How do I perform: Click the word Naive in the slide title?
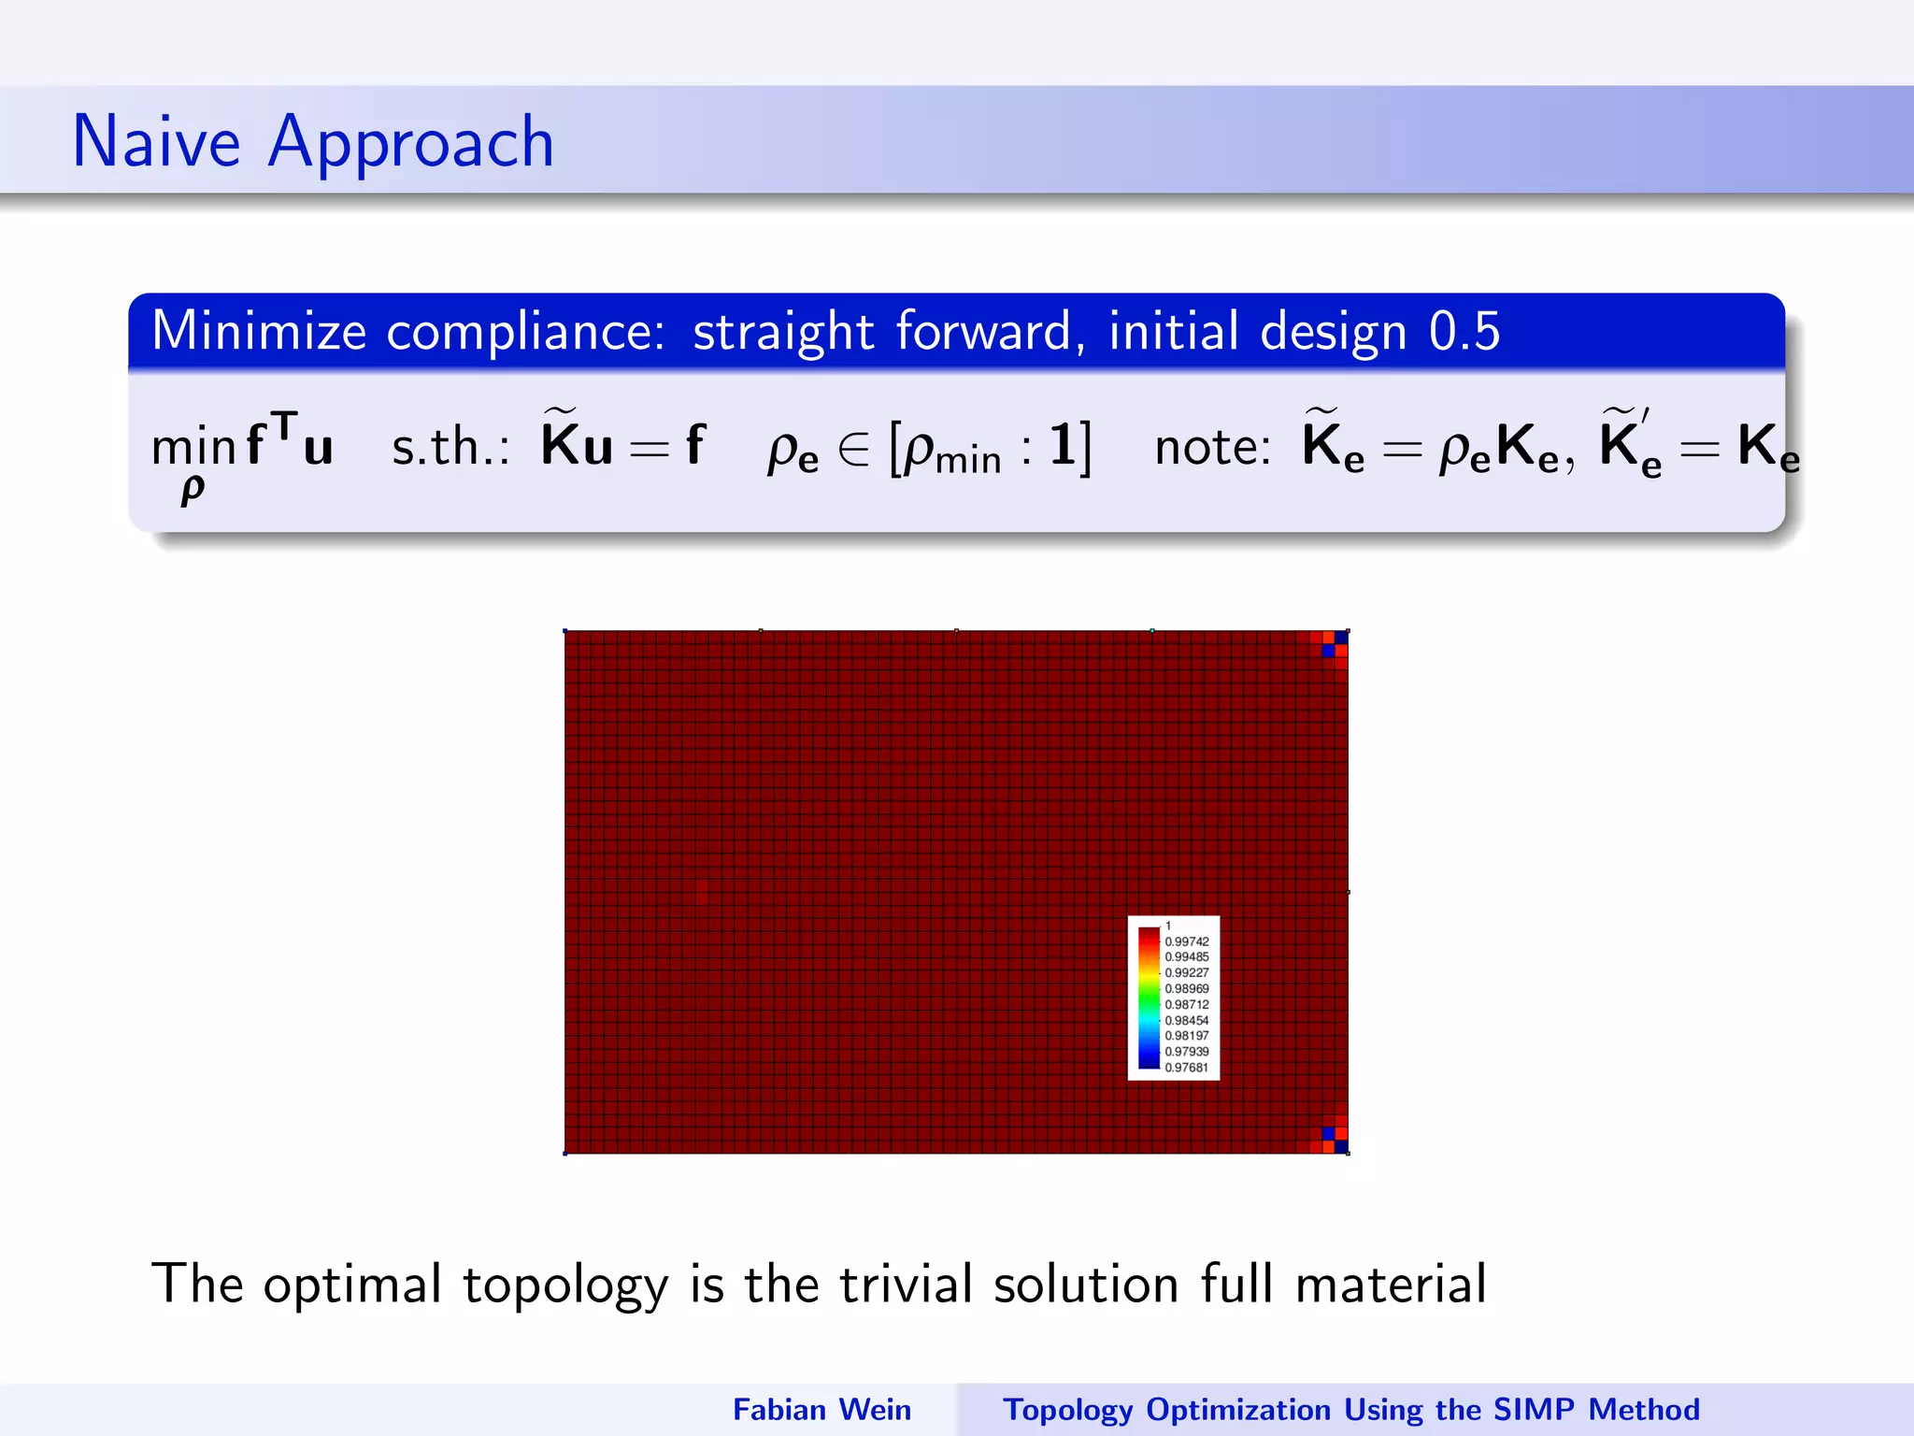156,142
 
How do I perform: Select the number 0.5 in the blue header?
1464,332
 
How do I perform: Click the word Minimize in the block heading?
259,332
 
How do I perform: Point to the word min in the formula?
193,448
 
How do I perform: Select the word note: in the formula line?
1212,447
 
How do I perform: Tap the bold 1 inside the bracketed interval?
1063,445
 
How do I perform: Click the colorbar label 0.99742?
1186,941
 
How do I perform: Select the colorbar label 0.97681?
1186,1068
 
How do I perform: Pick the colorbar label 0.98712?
1186,1004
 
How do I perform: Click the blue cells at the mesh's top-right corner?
1335,644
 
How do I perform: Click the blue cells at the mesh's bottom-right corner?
1335,1140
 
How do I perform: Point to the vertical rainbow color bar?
1149,998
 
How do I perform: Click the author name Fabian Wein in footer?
821,1410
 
